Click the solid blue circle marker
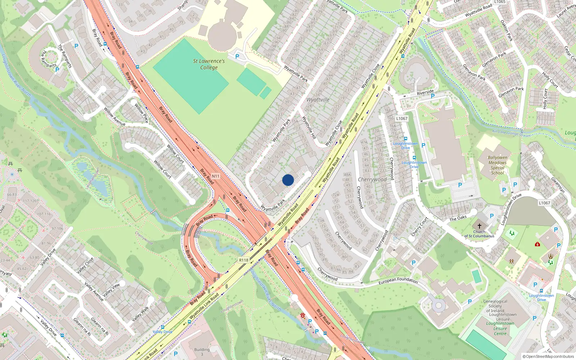(288, 180)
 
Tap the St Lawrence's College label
(209, 64)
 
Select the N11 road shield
(215, 176)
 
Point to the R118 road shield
(244, 260)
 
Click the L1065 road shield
(499, 2)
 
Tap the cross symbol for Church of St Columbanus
(479, 226)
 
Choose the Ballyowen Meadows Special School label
(498, 165)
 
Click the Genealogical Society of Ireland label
(495, 306)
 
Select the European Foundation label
(398, 280)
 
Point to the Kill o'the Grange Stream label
(511, 133)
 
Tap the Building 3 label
(202, 351)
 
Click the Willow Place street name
(141, 113)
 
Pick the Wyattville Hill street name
(309, 127)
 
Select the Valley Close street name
(85, 265)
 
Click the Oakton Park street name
(507, 30)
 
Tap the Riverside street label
(425, 93)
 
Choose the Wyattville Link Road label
(204, 306)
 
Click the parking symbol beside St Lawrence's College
(237, 57)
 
